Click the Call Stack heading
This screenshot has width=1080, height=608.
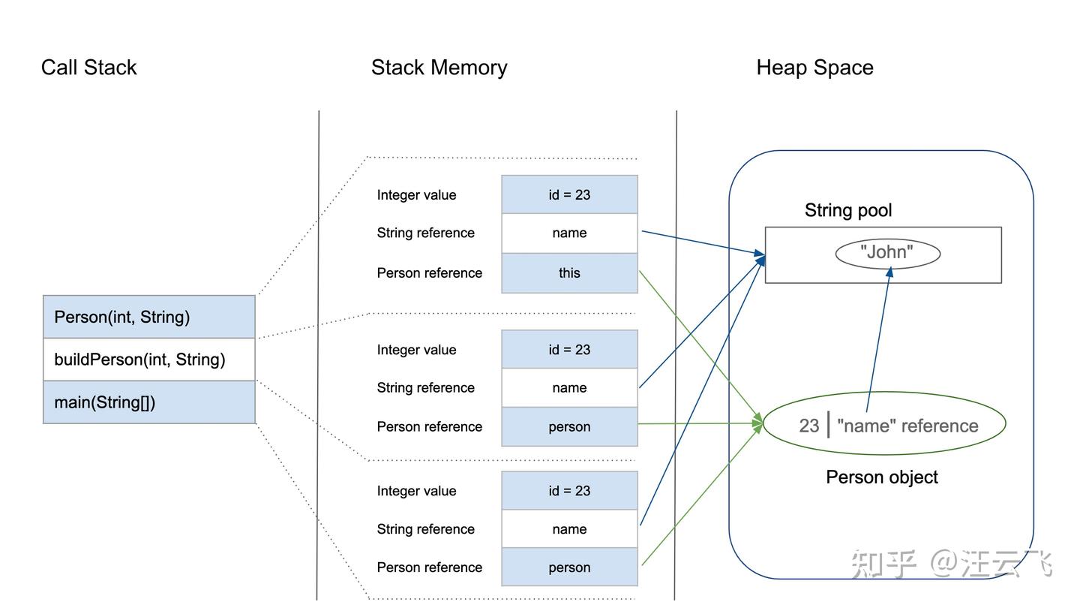[x=88, y=68]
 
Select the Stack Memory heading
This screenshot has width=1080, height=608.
[x=439, y=68]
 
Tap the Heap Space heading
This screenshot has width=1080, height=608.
[x=814, y=68]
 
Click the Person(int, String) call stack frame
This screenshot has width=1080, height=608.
[x=148, y=317]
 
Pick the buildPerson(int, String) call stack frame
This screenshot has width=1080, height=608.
[x=148, y=360]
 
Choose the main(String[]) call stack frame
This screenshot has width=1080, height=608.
[x=148, y=402]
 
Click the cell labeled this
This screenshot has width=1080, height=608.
[x=569, y=273]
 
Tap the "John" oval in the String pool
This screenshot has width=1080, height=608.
[x=887, y=253]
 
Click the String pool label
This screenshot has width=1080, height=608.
[x=848, y=210]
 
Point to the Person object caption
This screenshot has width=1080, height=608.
[x=881, y=477]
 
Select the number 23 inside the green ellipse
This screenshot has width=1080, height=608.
[x=808, y=426]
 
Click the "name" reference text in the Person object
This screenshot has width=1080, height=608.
[x=907, y=426]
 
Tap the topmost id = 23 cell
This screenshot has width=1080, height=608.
[x=569, y=195]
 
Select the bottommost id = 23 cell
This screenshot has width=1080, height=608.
[x=569, y=491]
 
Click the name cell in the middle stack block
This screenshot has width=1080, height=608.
[x=569, y=388]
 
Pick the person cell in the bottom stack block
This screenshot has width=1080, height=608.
[x=569, y=567]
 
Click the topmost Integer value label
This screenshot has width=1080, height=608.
[x=416, y=195]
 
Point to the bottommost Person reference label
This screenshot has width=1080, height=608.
[x=429, y=567]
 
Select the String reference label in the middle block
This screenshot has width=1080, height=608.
[x=425, y=388]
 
